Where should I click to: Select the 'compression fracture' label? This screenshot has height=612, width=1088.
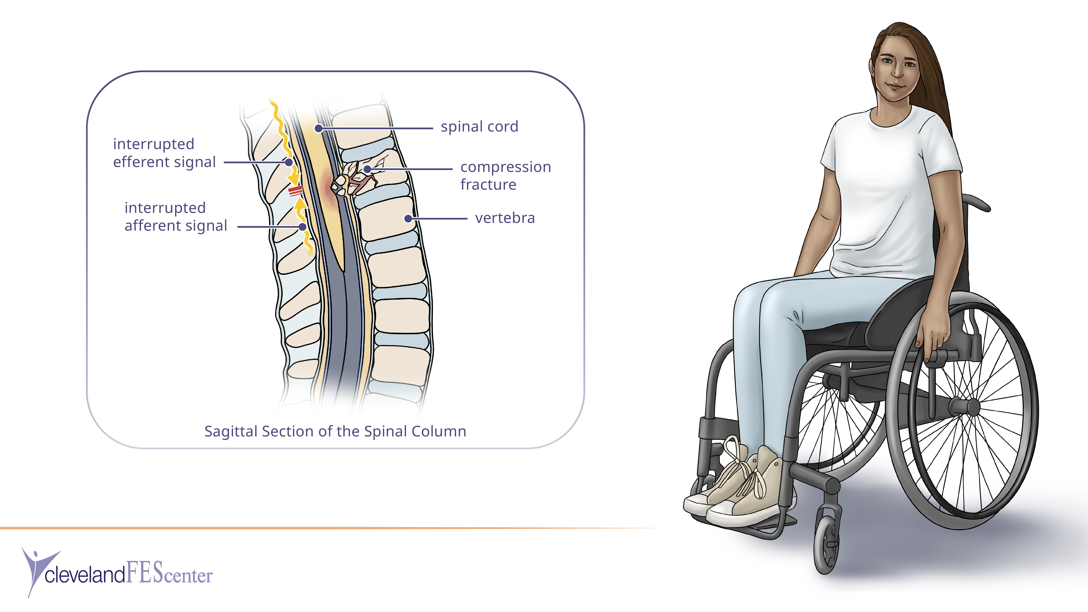tap(506, 176)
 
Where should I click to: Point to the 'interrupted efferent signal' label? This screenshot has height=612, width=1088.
tap(164, 153)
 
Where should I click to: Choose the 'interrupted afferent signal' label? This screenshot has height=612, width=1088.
tap(176, 217)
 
